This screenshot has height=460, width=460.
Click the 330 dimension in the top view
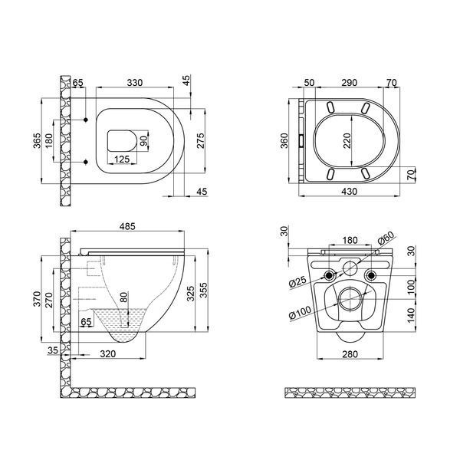135,83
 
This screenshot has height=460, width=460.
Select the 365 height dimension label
37,141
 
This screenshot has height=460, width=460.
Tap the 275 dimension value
200,141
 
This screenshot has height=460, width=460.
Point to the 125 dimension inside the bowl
122,159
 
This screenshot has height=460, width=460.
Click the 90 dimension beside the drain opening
143,141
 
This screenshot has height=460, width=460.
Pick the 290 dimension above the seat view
349,83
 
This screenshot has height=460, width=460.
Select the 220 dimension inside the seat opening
347,140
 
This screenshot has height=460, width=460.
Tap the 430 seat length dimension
350,191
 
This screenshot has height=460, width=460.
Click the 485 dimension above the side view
127,226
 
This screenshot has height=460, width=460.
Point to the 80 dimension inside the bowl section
124,297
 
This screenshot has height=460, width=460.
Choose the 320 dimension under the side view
108,353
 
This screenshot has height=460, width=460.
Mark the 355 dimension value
203,290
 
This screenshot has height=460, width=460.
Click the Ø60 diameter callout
386,238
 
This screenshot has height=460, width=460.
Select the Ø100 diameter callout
300,312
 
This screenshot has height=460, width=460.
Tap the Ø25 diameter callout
297,282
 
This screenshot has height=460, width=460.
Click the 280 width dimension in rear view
350,354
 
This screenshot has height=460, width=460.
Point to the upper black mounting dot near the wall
86,120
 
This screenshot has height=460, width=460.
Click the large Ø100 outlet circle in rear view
350,299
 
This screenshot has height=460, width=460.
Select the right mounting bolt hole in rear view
371,275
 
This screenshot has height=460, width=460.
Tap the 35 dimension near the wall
53,350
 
